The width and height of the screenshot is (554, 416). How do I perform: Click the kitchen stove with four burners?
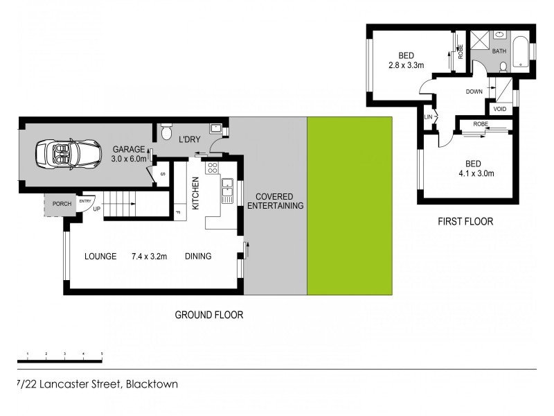pyautogui.click(x=213, y=167)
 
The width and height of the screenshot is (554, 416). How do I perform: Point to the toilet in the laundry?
pyautogui.click(x=166, y=132)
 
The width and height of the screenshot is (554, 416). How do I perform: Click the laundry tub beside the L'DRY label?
pyautogui.click(x=215, y=128)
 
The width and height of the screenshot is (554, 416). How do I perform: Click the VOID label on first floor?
pyautogui.click(x=500, y=109)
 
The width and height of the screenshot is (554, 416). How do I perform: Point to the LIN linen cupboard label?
pyautogui.click(x=428, y=116)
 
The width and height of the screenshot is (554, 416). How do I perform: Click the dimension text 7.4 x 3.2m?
pyautogui.click(x=150, y=257)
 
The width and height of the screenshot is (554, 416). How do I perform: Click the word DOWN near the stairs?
pyautogui.click(x=474, y=92)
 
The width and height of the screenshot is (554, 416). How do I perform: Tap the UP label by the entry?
pyautogui.click(x=96, y=209)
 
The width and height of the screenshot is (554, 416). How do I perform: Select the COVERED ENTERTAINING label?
pyautogui.click(x=275, y=201)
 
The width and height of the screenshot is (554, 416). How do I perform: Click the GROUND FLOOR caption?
pyautogui.click(x=208, y=315)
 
